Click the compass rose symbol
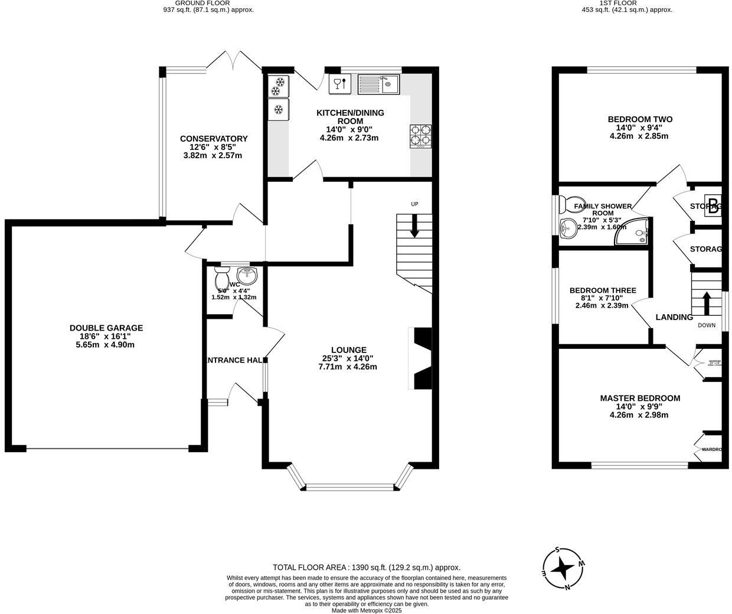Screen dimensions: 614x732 coord(563,569)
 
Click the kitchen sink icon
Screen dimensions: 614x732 coord(379,84)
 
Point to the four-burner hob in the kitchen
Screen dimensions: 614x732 coord(421,136)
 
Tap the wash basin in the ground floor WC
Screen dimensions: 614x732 coord(247,275)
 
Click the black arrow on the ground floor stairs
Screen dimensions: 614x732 coord(414,227)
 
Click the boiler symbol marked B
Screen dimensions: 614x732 coord(713,206)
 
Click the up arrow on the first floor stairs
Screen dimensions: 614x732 coord(705,302)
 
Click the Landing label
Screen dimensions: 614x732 coord(674,317)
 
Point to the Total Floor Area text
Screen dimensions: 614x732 coord(366,567)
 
